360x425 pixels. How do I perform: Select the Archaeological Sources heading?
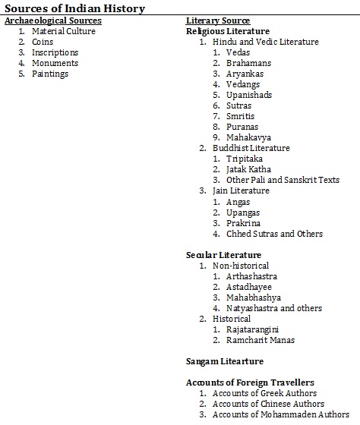(x=53, y=20)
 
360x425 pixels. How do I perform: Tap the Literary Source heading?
(x=218, y=20)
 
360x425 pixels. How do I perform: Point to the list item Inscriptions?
(x=55, y=52)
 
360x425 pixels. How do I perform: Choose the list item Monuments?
(x=55, y=63)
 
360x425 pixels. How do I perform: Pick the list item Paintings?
(x=50, y=74)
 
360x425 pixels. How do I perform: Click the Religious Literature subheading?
(x=229, y=31)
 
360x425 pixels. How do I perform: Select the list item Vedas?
(x=238, y=52)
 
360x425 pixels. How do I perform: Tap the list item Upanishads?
(x=248, y=95)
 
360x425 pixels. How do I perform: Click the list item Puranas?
(x=242, y=127)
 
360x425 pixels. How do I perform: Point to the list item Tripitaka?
(x=245, y=159)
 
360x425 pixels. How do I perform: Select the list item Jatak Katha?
(x=248, y=169)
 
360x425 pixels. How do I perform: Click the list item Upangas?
(x=243, y=212)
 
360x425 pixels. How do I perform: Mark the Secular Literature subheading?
(x=224, y=255)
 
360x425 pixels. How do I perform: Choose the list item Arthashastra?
(x=251, y=276)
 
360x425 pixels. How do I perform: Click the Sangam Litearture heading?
(x=225, y=361)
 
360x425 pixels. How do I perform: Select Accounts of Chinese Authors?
(x=268, y=404)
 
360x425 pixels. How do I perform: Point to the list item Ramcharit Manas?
(x=260, y=340)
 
